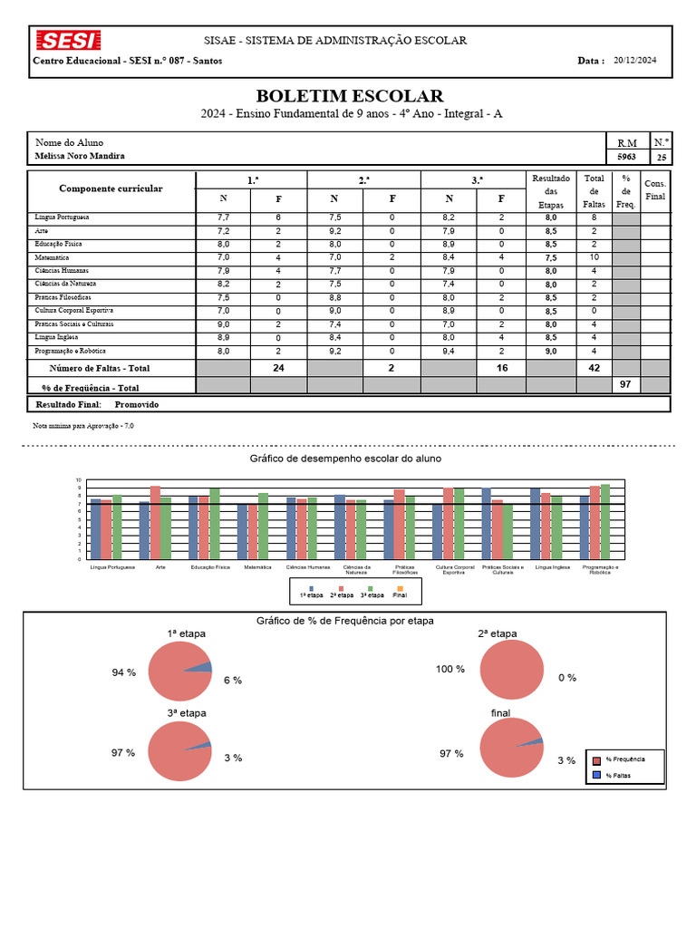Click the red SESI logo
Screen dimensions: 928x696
click(x=68, y=41)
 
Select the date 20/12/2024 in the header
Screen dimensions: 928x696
click(x=634, y=61)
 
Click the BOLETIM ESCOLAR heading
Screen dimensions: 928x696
click(x=350, y=96)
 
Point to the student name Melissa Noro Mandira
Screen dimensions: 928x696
click(x=80, y=156)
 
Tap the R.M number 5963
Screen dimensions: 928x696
click(x=626, y=157)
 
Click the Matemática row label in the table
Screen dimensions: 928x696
click(x=53, y=257)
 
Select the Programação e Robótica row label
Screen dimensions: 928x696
click(x=71, y=351)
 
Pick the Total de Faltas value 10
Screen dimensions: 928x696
click(x=594, y=257)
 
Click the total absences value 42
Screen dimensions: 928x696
click(x=594, y=368)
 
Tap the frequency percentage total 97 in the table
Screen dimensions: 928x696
click(x=624, y=385)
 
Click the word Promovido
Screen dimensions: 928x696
click(x=137, y=404)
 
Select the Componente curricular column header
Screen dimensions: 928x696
click(x=111, y=188)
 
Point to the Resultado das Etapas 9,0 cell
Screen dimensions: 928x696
click(x=551, y=351)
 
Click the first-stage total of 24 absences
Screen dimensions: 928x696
click(x=278, y=368)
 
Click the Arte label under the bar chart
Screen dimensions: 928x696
click(x=160, y=567)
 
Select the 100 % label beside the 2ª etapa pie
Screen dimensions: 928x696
click(x=450, y=669)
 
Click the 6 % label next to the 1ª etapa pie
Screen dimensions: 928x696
click(x=233, y=680)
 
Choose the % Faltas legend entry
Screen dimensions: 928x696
click(x=619, y=776)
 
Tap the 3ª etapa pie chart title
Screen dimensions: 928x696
click(x=187, y=712)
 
